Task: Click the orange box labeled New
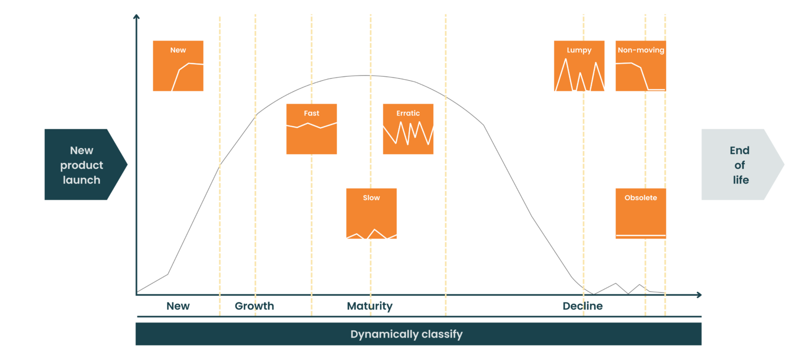178,66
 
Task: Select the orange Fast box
311,129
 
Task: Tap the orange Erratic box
408,129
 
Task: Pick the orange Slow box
371,214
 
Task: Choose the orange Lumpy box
579,66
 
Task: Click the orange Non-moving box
641,66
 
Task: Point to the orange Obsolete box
641,214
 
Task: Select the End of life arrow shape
740,165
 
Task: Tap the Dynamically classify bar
418,334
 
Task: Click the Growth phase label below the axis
254,306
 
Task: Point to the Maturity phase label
370,306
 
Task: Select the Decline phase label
583,306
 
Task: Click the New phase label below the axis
178,306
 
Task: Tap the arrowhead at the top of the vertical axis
136,16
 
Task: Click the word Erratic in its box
408,113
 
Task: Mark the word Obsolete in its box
641,198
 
